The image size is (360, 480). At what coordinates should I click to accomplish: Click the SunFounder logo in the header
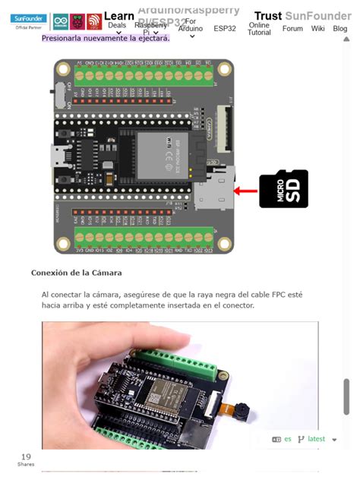coord(29,21)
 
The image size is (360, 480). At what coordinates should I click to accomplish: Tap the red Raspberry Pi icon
coord(77,21)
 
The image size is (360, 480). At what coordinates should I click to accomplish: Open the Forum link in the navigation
coord(292,29)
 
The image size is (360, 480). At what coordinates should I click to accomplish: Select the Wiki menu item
coord(317,29)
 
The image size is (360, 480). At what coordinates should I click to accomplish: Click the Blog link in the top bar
coord(339,29)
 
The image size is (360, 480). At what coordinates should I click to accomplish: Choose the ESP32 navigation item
coord(225,29)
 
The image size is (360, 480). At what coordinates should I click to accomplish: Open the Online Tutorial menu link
coord(259,29)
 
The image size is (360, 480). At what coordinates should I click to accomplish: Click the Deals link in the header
coord(117,25)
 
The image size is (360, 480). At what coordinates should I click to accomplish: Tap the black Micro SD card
coord(283,189)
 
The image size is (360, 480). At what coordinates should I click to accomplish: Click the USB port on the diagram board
coord(59,156)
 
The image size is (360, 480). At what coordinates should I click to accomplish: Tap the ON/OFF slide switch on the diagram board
coord(58,96)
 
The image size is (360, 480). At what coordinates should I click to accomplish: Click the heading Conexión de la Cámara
coord(76,273)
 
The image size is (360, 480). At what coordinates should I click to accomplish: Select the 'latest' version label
coord(316,439)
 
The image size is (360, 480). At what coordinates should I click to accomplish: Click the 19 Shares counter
coord(26,459)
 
